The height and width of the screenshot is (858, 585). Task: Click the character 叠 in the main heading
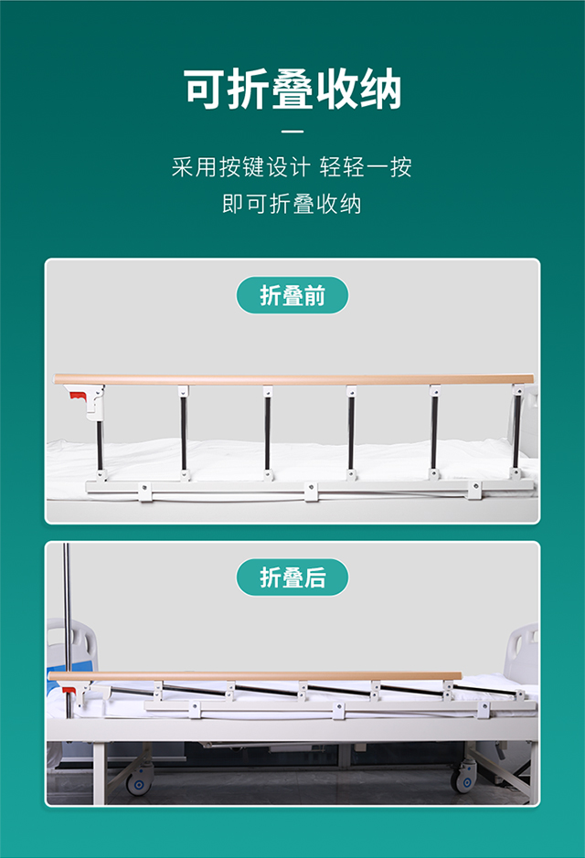292,90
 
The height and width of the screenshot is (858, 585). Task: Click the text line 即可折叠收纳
292,204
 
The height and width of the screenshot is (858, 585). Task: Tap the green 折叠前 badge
292,295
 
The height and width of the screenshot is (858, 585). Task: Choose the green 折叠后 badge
292,577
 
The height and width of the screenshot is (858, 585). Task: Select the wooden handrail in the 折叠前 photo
292,378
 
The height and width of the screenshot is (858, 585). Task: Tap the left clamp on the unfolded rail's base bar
144,492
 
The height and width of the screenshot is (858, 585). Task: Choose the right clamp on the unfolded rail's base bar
474,492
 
